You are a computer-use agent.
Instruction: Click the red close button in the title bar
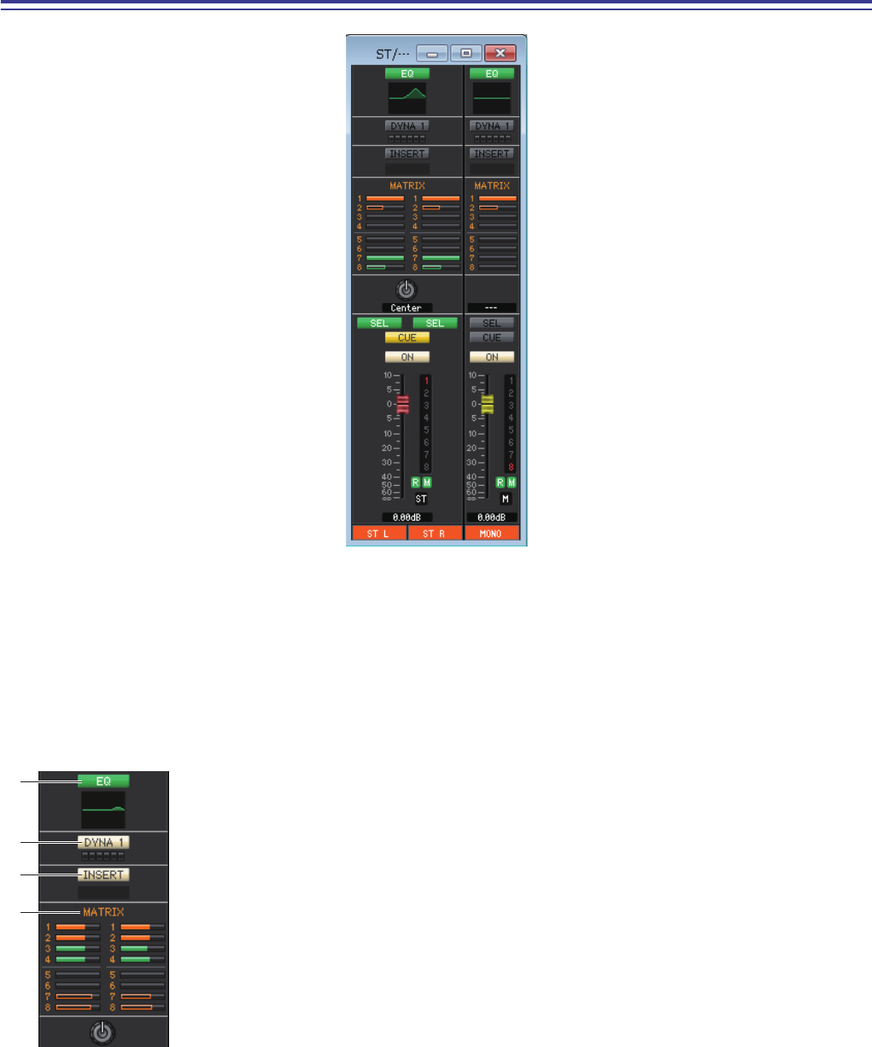(500, 53)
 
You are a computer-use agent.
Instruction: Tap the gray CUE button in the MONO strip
(492, 337)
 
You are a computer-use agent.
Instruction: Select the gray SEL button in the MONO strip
(492, 323)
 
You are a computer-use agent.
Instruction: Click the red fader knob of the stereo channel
(403, 405)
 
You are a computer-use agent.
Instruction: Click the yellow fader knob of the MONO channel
(488, 405)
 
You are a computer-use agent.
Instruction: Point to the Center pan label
(407, 307)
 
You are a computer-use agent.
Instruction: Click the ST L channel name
(378, 534)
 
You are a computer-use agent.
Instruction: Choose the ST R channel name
(436, 534)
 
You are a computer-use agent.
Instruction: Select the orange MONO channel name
(491, 534)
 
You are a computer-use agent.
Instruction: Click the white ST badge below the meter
(421, 498)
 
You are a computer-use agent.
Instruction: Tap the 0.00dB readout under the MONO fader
(492, 517)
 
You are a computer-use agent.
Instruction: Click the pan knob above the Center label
(407, 290)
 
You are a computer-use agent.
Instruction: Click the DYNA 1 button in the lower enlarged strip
(103, 842)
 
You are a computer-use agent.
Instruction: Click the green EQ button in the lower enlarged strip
(103, 781)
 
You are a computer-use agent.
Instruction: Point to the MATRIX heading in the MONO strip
(492, 185)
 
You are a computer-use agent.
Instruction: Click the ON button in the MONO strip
(492, 357)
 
